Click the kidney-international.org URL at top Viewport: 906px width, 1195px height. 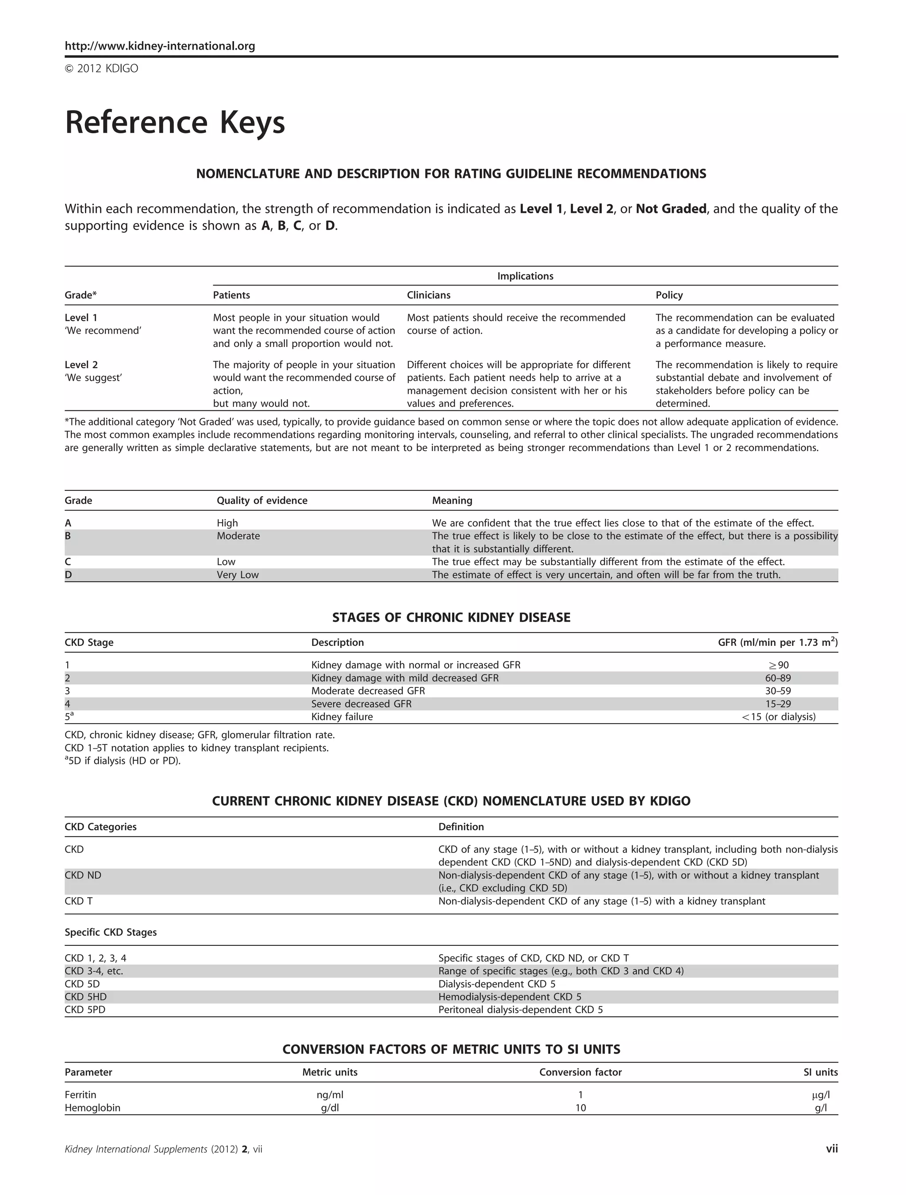tap(160, 46)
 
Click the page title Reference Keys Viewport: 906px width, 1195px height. tap(174, 123)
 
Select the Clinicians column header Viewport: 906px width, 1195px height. tap(428, 295)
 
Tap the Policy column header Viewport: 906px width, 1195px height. tap(668, 295)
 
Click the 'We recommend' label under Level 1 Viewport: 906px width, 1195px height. tap(103, 331)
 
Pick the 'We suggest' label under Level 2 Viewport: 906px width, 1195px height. tap(93, 378)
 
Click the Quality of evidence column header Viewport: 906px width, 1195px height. tap(262, 500)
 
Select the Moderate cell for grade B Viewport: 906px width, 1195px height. tap(238, 536)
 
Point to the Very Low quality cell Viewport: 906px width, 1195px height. tap(238, 575)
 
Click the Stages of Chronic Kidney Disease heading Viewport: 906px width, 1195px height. tap(451, 617)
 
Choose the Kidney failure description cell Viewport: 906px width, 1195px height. tap(342, 717)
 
